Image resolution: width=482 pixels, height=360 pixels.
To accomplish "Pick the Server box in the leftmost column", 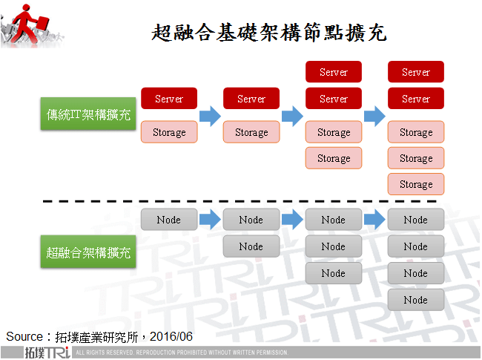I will (169, 99).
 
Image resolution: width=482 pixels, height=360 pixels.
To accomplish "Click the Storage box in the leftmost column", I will (169, 132).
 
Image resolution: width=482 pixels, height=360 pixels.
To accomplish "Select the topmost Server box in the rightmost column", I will (415, 72).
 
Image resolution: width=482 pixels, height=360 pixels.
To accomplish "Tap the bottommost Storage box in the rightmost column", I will (415, 184).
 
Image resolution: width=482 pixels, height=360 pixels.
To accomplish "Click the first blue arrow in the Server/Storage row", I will (211, 116).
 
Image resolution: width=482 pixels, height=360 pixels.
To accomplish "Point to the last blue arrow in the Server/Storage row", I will (374, 116).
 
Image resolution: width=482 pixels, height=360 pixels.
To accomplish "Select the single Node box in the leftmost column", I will (169, 220).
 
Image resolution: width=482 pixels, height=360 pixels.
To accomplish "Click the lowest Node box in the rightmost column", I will (415, 300).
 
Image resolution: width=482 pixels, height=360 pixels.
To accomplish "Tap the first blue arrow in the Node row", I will (211, 220).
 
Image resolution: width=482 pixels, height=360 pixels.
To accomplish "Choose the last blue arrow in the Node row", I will (374, 220).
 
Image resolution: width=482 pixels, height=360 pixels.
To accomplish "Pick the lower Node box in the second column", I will (251, 246).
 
